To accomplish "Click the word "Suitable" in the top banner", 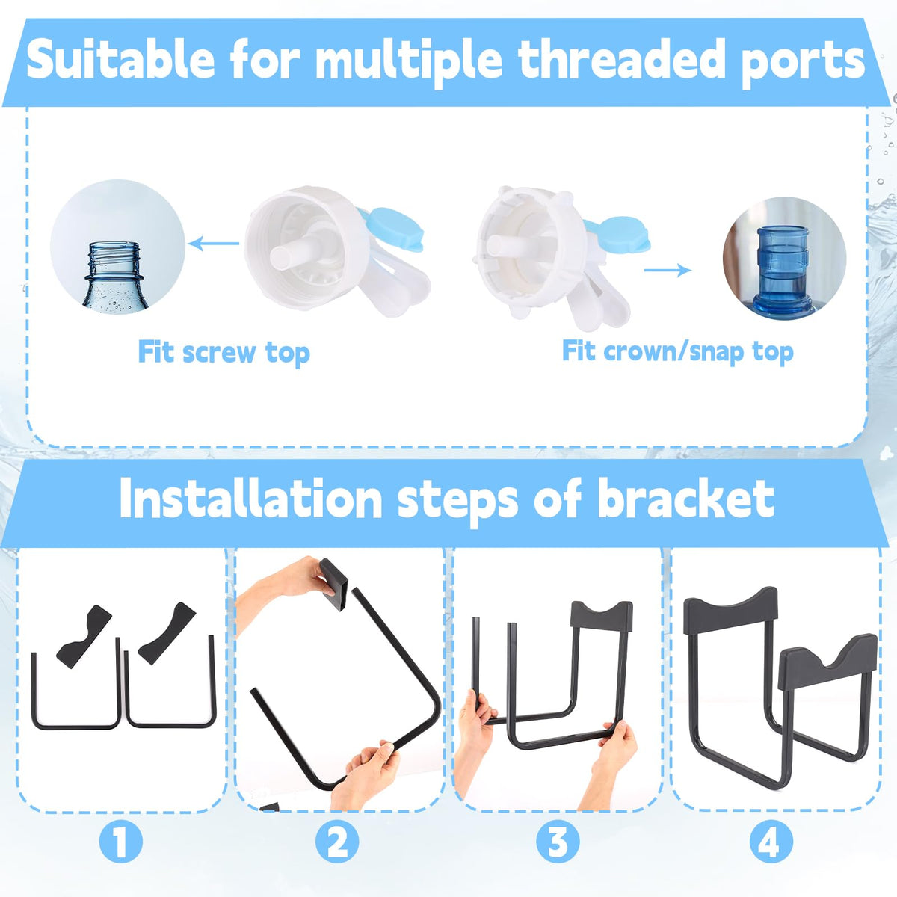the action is pyautogui.click(x=120, y=60).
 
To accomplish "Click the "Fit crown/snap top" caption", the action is pyautogui.click(x=678, y=352).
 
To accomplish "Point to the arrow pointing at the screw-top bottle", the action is pyautogui.click(x=214, y=243).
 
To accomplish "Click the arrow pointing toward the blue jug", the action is pyautogui.click(x=668, y=270).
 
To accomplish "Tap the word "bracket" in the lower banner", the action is pyautogui.click(x=686, y=499).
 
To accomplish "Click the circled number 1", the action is pyautogui.click(x=120, y=841).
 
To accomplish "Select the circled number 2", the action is pyautogui.click(x=337, y=841).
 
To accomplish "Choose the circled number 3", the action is pyautogui.click(x=558, y=841).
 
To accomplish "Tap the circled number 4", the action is pyautogui.click(x=771, y=841).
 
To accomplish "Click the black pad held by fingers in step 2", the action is pyautogui.click(x=333, y=585).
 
